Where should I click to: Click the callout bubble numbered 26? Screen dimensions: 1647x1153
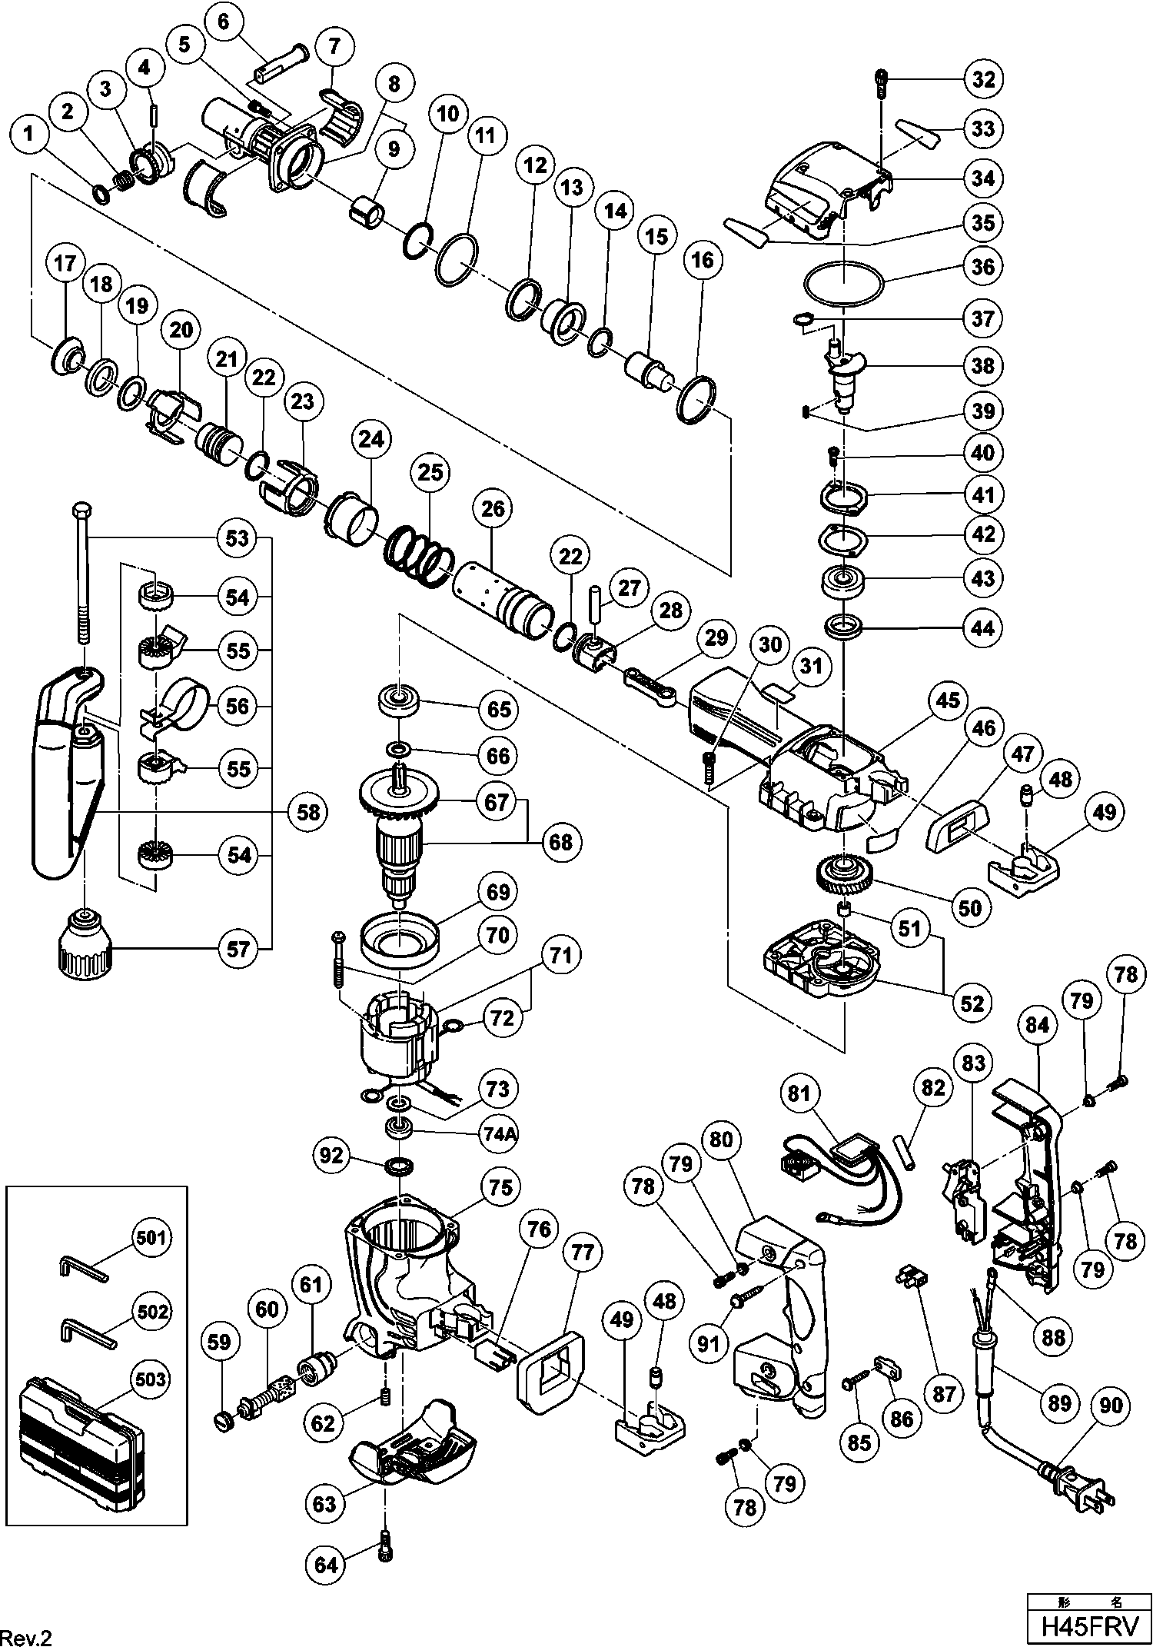point(493,508)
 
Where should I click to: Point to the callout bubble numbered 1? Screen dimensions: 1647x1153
point(29,135)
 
